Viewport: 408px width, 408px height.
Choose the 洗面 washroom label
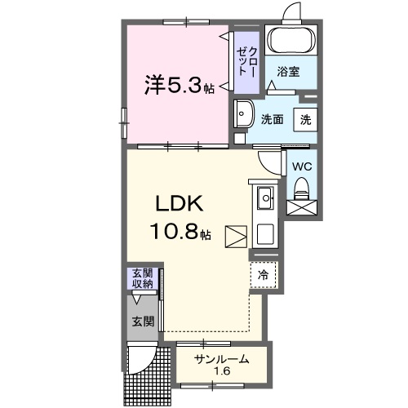[x=272, y=118]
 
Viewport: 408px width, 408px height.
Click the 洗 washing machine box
[x=305, y=118]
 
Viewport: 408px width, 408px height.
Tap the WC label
[x=302, y=166]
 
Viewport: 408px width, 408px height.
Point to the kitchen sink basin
[x=267, y=197]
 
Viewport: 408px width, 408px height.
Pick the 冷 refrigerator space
[x=264, y=275]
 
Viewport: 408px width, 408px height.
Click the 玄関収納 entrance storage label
[x=143, y=277]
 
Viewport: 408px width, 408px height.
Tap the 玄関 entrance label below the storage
[x=143, y=322]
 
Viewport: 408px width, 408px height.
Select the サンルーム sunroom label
[x=221, y=359]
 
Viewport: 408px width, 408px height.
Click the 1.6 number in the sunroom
[x=221, y=373]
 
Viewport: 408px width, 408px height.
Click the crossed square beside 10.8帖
[x=235, y=235]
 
